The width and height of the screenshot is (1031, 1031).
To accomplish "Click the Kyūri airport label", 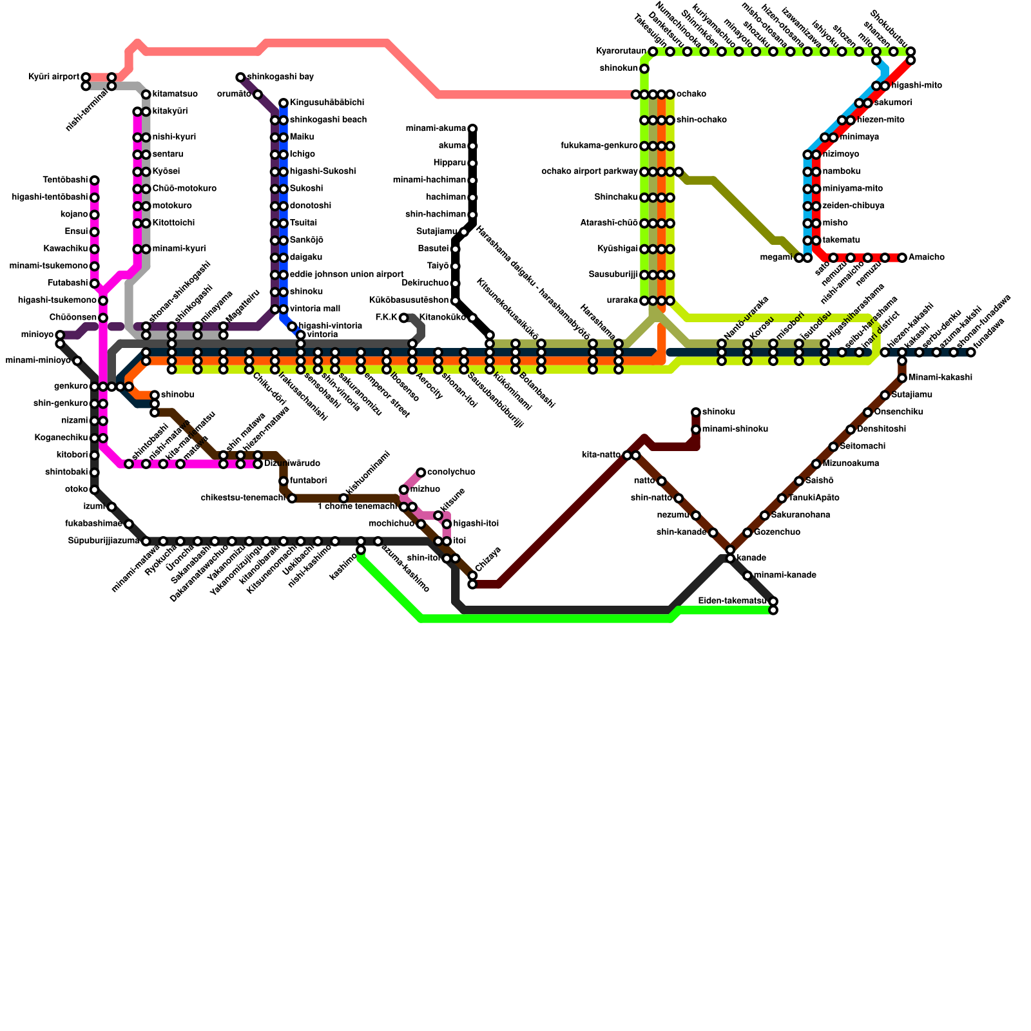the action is coord(53,77).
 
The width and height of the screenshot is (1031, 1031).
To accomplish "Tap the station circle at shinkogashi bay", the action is coord(240,77).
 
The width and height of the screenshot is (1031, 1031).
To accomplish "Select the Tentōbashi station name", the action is coord(65,180).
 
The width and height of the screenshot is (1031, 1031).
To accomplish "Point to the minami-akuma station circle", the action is coord(472,129).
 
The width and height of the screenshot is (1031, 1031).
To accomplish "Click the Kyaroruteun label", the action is coord(621,52).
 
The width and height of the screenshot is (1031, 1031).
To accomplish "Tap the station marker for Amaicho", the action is coord(902,258).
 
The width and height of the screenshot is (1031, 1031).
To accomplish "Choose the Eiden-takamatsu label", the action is coord(733,601).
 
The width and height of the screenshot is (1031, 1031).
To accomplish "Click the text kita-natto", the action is coord(601,455).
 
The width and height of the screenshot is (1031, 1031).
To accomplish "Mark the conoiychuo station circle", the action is coord(421,472).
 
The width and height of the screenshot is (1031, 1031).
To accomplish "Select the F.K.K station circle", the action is coord(403,318).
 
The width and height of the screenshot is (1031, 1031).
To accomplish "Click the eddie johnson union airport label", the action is coord(347,275).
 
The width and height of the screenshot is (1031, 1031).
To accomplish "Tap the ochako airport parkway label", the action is coord(590,171).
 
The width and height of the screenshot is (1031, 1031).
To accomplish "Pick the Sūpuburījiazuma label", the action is coord(103,541).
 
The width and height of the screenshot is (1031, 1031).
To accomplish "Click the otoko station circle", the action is coord(95,490).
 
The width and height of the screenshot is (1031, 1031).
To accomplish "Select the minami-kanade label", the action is coord(785,575).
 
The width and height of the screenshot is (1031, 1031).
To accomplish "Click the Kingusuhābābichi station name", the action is coord(327,103).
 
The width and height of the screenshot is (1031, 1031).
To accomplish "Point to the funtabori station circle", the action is coord(284,481).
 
